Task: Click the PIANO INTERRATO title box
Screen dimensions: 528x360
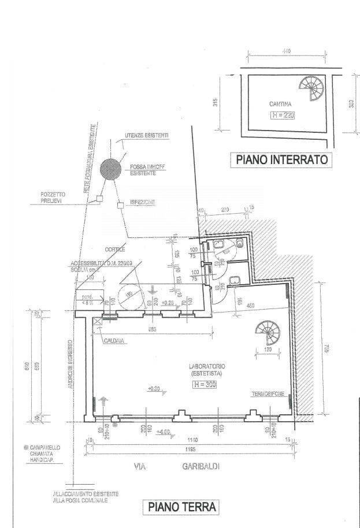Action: coord(281,159)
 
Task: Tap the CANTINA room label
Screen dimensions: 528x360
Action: coord(280,105)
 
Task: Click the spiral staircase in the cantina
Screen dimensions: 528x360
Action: coord(312,88)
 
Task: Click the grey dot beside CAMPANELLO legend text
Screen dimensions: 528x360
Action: coord(27,448)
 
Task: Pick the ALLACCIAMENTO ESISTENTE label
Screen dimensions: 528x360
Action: coord(86,494)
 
